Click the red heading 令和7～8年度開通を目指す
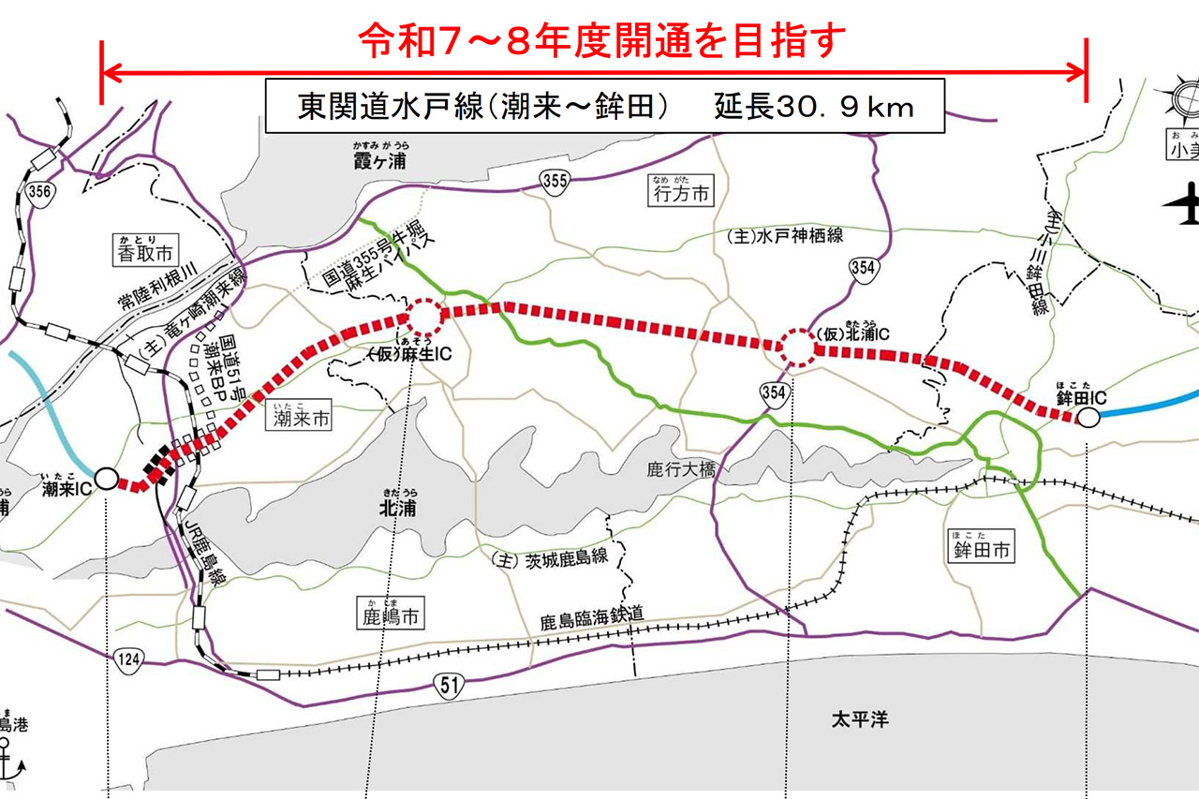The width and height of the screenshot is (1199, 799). [603, 40]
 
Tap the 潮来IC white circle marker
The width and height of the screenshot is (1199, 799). [107, 479]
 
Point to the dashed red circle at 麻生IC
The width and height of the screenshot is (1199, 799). [423, 318]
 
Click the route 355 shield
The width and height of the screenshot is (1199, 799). [554, 181]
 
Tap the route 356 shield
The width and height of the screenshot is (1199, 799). [40, 192]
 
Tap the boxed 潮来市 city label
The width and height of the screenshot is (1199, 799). [301, 420]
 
